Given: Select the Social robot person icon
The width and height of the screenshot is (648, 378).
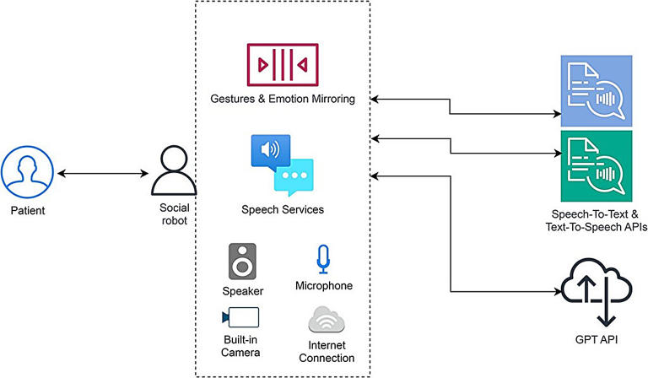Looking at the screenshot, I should point(173,172).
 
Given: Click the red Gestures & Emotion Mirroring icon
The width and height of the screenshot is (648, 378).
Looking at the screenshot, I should point(281,65).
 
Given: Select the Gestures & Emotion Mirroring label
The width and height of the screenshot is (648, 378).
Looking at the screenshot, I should point(283,100).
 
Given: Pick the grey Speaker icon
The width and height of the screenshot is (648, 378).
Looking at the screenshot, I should point(242,261).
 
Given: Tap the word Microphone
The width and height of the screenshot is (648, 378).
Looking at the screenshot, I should point(324,286).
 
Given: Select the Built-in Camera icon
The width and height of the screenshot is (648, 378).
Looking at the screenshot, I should point(240,317).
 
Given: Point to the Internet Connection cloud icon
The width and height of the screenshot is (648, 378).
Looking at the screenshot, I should point(326,320).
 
